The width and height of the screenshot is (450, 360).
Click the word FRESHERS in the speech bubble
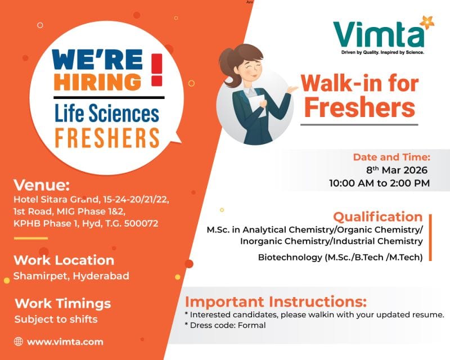click(107, 137)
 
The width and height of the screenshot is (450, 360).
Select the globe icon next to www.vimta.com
click(19, 341)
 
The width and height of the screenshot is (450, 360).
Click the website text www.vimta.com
click(65, 341)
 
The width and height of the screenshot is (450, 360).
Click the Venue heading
click(42, 186)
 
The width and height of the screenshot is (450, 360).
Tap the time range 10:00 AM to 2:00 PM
click(379, 183)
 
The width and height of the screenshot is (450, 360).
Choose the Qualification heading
click(377, 217)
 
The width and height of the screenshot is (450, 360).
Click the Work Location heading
click(64, 260)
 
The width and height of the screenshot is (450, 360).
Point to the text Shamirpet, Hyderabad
click(71, 276)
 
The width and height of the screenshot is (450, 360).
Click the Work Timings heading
click(62, 304)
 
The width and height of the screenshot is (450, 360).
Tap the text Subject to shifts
click(56, 319)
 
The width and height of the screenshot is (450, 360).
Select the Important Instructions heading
click(276, 301)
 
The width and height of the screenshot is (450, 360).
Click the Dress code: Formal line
click(225, 325)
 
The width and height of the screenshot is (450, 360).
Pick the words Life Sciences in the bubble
click(107, 114)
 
